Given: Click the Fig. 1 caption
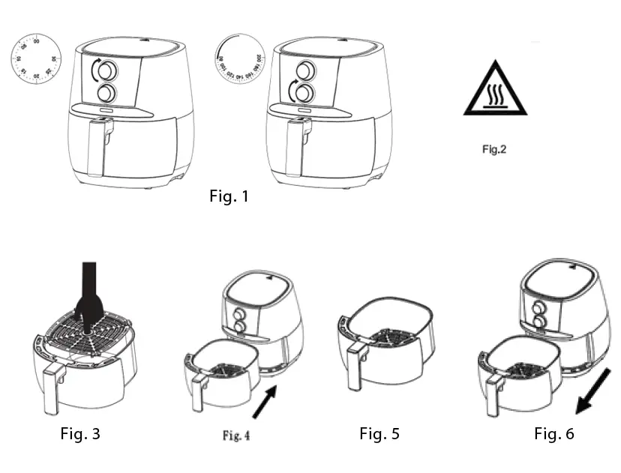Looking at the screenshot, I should point(228,197).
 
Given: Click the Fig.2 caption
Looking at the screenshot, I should point(494,149).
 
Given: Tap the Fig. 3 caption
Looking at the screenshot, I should point(79,433).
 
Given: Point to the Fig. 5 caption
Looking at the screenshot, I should point(379,433).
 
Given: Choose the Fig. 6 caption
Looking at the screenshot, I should point(554,433).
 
